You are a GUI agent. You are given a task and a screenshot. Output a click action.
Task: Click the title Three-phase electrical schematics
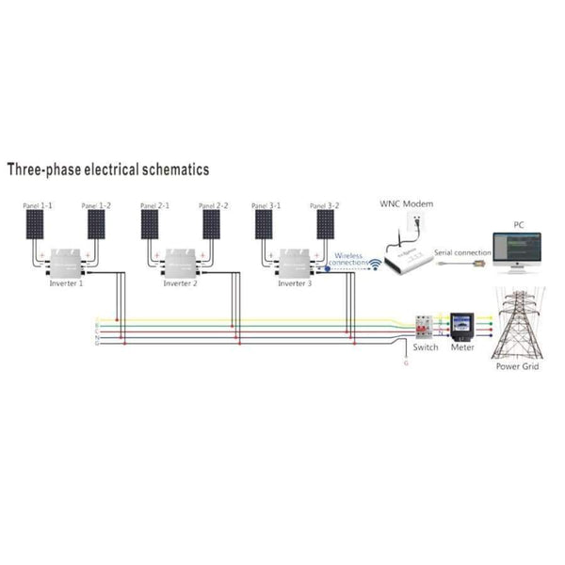(x=108, y=169)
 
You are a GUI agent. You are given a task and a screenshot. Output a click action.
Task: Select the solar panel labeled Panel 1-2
(x=96, y=223)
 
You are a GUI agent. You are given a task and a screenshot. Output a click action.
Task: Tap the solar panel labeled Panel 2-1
(x=150, y=223)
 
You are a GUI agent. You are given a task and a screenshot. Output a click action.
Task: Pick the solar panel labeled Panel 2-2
(x=212, y=223)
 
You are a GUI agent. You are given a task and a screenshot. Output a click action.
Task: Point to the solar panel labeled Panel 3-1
(x=265, y=223)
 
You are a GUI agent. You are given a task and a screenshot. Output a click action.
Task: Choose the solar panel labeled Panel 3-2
(x=325, y=223)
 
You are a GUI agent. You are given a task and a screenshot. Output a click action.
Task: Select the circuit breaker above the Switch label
(x=427, y=326)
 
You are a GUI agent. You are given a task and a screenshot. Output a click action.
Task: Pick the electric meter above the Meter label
(x=461, y=326)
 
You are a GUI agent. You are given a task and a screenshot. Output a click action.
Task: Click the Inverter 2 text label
(x=181, y=282)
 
